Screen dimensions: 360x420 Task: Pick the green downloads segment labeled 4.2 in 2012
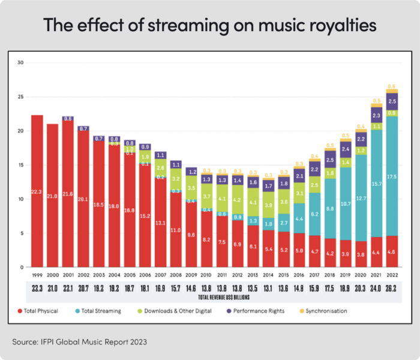coord(237,199)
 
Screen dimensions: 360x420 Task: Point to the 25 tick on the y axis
coord(20,97)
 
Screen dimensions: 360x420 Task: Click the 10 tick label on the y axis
coord(20,199)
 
